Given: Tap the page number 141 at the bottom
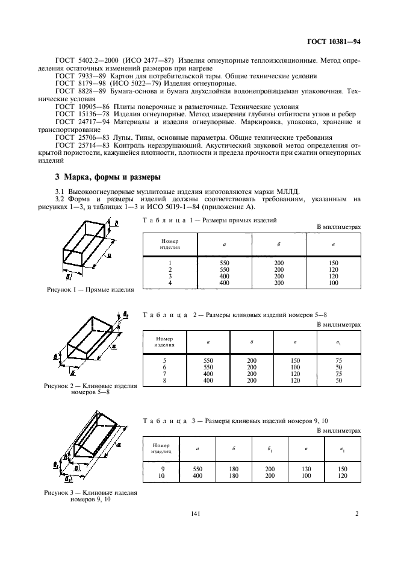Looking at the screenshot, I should [x=194, y=513].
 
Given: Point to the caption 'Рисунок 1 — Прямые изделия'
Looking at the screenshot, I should [x=90, y=289].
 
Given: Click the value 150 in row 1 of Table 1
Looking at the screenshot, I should [x=334, y=263].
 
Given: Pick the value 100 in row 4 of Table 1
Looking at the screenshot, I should [x=334, y=282].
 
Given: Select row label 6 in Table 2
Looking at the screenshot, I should [x=164, y=367].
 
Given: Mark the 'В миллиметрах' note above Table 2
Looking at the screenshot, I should [x=339, y=324].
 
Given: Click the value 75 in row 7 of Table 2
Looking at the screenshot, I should [x=340, y=374].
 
